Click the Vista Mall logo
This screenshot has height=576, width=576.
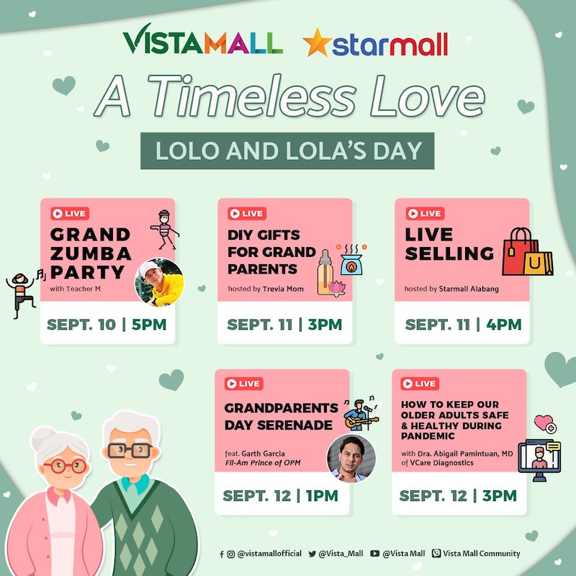coord(203,40)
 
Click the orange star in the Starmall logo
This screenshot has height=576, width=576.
coord(318,42)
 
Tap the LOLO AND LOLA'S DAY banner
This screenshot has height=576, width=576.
coord(287,150)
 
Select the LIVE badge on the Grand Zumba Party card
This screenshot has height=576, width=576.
coord(70,213)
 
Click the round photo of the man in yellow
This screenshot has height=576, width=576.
coord(159,282)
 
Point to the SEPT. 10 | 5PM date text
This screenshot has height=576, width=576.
coord(107,325)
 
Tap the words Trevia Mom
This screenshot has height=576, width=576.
coord(283,289)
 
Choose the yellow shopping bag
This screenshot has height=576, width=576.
coord(539,263)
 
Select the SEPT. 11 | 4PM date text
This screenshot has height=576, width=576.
coord(463,325)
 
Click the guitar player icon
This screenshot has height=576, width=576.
coord(361,414)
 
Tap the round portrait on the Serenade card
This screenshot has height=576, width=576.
coord(351,458)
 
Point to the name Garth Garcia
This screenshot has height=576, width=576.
coord(263,454)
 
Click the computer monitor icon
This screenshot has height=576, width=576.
coord(539,460)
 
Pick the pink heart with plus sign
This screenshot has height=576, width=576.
coord(545,424)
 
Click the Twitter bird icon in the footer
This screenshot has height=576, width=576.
coord(312,554)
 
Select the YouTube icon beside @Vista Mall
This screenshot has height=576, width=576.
coord(374,554)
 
